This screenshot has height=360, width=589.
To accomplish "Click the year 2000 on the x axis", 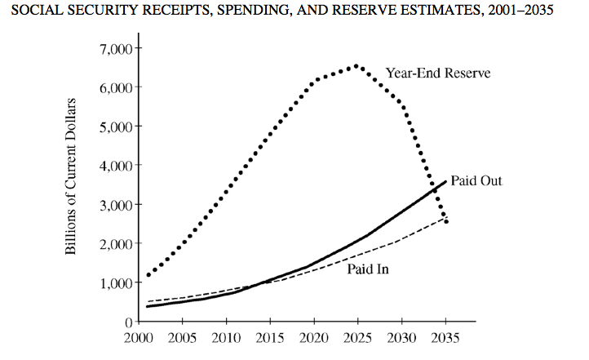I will pos(138,338).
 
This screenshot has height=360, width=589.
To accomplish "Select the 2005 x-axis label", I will pos(182,338).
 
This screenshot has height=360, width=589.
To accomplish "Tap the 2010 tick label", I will pos(226,338).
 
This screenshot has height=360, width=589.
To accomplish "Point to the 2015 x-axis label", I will pos(270,338).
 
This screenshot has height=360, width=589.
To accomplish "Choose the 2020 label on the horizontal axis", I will pos(314,338).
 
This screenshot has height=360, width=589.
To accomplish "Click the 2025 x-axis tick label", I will pos(357,338).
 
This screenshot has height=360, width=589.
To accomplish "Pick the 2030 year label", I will pos(401,338).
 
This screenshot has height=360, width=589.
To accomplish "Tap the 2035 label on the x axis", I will pos(445,338).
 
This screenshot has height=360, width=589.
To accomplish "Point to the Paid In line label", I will pos(367,268).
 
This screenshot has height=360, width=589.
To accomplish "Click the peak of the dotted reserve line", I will pos(356,66).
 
